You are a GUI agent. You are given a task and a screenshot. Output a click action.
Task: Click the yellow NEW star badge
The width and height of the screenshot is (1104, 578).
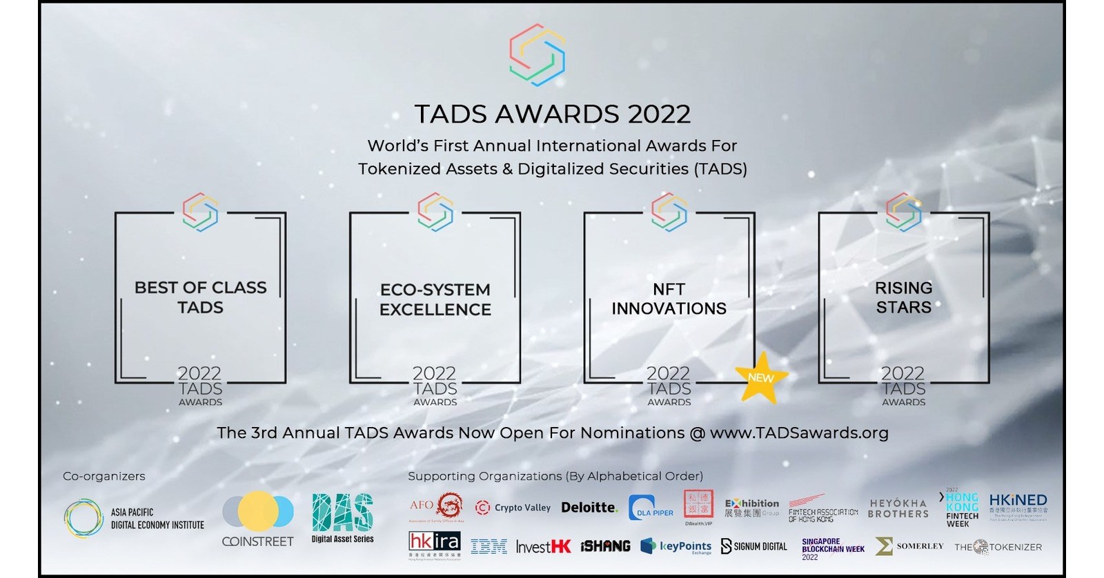pos(761,377)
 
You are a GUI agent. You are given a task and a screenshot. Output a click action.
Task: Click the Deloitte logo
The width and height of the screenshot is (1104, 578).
pos(589,508)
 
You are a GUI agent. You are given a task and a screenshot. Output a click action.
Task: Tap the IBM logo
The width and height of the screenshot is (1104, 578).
pos(489,547)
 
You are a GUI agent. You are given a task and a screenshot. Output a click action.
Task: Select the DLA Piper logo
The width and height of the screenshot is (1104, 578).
pos(651,508)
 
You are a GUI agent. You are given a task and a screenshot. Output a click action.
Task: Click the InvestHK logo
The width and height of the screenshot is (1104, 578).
pos(544,547)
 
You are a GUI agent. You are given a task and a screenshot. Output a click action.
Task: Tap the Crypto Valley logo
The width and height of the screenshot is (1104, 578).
pos(513,508)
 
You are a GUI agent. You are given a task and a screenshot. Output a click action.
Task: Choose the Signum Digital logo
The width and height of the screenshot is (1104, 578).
pos(753,546)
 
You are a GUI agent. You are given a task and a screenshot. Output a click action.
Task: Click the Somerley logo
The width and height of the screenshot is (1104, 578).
pos(909,546)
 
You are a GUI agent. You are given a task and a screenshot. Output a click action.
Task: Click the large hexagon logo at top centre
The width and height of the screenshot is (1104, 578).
pos(538,55)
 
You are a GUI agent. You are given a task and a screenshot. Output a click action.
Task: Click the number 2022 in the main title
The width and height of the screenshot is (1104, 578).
pos(658,114)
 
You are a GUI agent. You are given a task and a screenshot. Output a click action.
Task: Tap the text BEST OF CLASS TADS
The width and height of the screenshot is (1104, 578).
pos(201,297)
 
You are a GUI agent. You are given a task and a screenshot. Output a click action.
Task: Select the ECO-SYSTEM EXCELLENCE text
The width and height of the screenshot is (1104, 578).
pos(435,299)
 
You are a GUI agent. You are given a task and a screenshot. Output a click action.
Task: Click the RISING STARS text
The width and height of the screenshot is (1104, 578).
pos(904,297)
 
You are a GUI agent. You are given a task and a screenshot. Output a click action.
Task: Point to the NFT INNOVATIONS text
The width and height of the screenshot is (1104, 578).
pos(669,299)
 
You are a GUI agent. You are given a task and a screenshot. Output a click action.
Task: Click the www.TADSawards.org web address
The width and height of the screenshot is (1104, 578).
pos(799,433)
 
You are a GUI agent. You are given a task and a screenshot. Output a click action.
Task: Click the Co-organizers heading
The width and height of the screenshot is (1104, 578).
pos(104,476)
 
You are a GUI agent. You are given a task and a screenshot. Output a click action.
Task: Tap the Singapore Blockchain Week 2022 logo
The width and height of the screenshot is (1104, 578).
pos(833,549)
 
